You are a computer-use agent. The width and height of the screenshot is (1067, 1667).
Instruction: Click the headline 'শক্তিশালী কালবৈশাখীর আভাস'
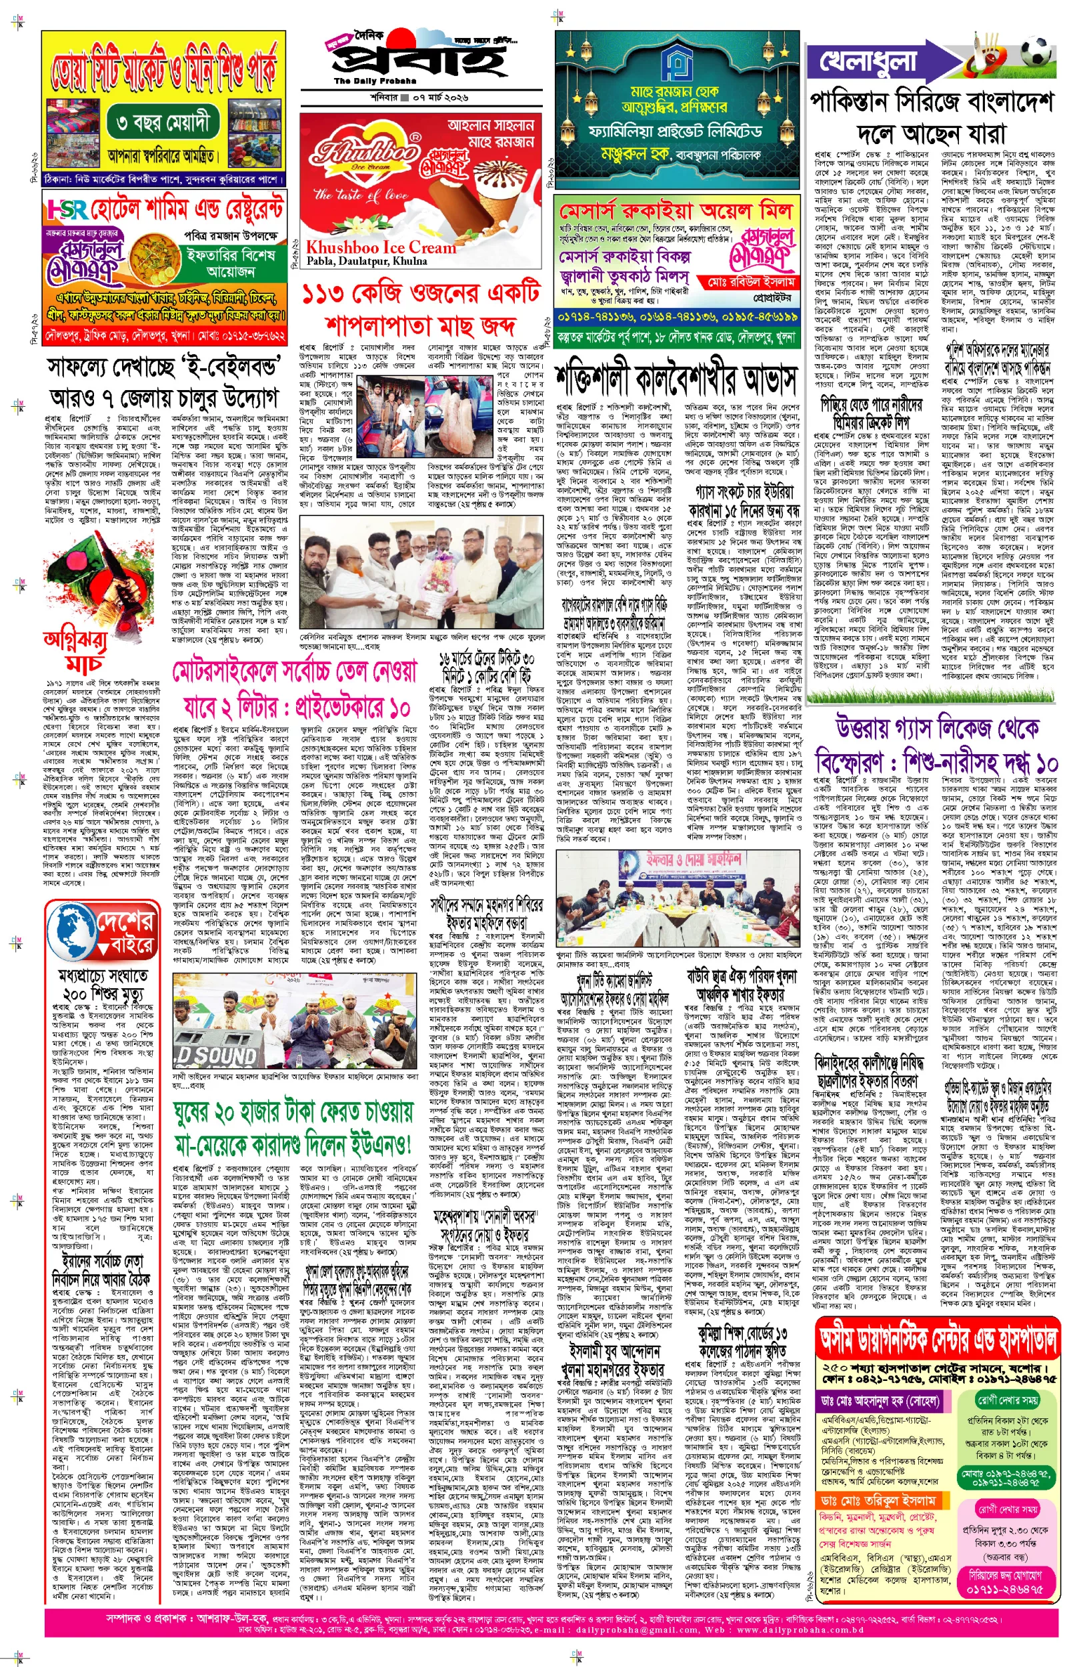(676, 379)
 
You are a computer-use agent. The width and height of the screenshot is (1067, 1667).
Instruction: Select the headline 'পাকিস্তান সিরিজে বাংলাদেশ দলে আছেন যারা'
(931, 118)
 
